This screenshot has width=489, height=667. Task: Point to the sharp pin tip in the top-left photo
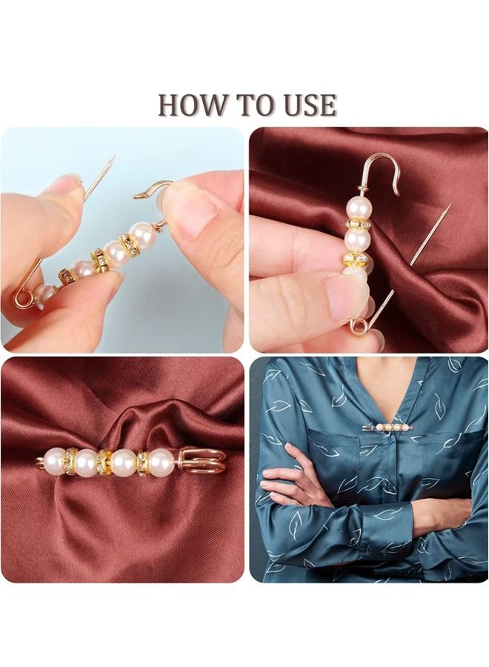tap(114, 158)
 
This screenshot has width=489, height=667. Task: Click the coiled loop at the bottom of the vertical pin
tap(358, 327)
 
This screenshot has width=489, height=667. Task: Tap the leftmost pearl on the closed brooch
tap(53, 459)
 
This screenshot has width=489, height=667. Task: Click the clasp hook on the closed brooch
tap(201, 461)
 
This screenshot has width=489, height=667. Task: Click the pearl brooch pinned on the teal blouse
tap(387, 427)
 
